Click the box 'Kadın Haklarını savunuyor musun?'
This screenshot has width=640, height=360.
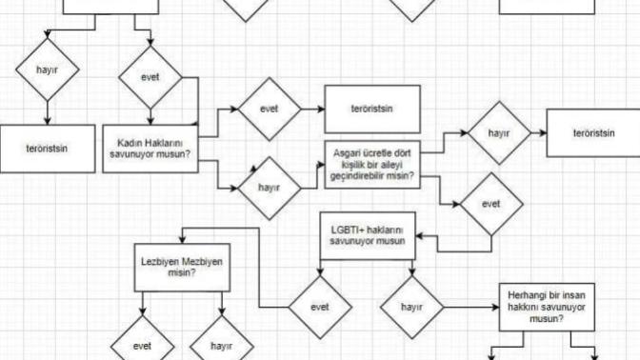[150, 149]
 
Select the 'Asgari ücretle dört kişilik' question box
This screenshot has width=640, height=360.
[372, 165]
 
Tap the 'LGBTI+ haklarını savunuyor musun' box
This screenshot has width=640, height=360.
[368, 236]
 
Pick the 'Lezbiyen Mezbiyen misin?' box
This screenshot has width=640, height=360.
[182, 268]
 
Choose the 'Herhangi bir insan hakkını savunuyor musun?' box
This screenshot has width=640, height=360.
[547, 307]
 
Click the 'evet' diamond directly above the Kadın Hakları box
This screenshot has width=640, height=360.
[150, 77]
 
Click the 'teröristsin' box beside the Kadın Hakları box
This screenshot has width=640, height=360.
[48, 149]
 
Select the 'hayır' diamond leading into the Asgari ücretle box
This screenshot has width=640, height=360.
[269, 189]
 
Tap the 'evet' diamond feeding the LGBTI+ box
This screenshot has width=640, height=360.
[491, 204]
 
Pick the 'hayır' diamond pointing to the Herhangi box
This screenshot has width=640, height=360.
[411, 308]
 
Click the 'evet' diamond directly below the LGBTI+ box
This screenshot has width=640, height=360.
[320, 308]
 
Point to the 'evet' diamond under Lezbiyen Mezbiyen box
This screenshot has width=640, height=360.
[142, 347]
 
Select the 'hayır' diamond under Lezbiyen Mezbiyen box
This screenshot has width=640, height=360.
[222, 347]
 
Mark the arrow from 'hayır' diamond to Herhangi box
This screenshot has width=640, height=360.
[471, 308]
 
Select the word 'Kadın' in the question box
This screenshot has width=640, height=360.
[129, 143]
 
